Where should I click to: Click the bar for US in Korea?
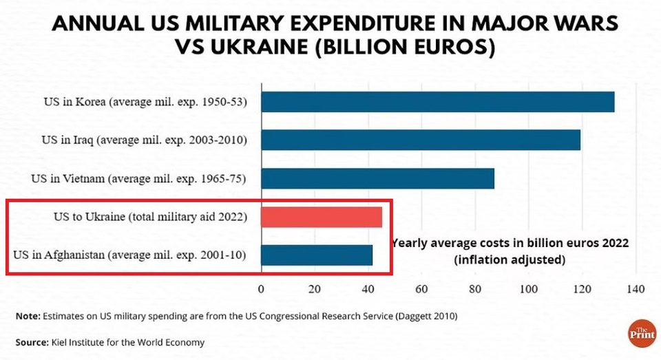[x=437, y=102]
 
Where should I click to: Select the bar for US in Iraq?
[x=420, y=140]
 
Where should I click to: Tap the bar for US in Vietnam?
[x=377, y=178]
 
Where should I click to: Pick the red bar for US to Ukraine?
[x=321, y=217]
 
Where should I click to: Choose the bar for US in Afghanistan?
[x=317, y=255]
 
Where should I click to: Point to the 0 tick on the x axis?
[x=261, y=289]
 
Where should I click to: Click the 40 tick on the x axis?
[x=368, y=289]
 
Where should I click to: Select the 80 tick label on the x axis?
[x=475, y=289]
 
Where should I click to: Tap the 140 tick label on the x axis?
[x=635, y=289]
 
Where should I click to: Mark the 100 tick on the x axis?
[x=528, y=289]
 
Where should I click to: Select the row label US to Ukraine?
[x=150, y=218]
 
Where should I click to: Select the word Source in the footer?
[x=31, y=342]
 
